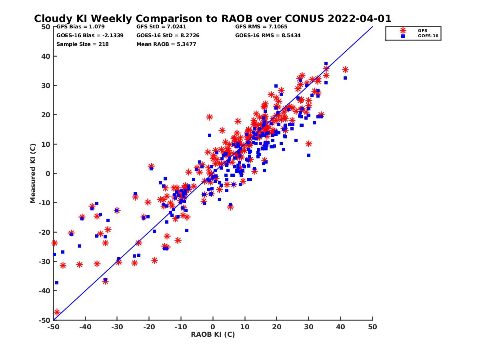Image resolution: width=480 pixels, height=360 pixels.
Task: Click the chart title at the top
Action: click(x=212, y=19)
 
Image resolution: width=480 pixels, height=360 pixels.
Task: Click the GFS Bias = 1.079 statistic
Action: click(x=76, y=27)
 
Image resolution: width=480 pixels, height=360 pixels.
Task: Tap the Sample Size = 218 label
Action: click(x=82, y=44)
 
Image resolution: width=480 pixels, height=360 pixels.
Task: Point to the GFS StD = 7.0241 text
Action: click(x=161, y=27)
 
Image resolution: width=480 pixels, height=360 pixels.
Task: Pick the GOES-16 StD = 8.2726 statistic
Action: click(x=168, y=36)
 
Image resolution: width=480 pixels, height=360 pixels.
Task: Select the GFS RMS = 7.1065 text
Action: click(x=261, y=27)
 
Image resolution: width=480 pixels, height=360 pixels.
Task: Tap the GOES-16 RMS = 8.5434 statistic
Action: click(x=268, y=36)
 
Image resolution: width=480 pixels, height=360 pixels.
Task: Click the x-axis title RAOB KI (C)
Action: click(x=213, y=334)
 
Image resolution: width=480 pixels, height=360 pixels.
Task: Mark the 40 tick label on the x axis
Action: click(x=341, y=327)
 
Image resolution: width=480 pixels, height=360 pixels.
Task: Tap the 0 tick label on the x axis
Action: click(x=213, y=327)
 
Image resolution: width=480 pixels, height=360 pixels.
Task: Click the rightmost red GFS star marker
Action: click(x=345, y=70)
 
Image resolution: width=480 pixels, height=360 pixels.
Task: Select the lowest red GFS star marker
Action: click(x=57, y=312)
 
